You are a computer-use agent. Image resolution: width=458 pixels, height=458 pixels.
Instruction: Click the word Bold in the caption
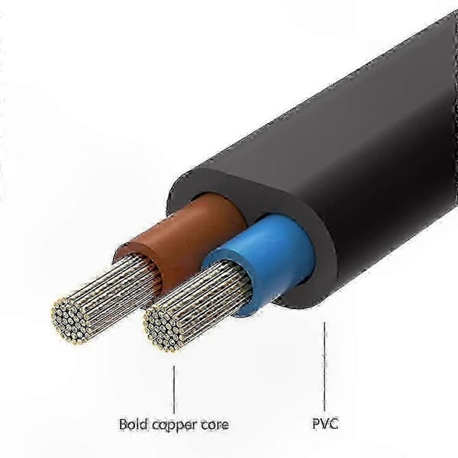pos(133,424)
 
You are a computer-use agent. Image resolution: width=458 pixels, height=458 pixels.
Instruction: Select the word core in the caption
pos(215,425)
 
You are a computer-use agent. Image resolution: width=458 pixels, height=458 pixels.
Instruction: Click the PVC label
pos(325,424)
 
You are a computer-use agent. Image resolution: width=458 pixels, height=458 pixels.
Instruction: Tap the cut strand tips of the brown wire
pos(69,320)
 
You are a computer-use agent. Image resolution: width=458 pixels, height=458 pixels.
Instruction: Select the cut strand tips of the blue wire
pos(163,329)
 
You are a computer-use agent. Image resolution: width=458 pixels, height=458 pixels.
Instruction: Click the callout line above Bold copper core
pos(174,389)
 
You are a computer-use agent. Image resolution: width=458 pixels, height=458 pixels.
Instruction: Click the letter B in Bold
pos(123,424)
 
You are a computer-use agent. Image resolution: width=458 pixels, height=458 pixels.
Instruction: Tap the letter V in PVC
pos(325,424)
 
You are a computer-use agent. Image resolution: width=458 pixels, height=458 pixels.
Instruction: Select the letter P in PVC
pos(316,424)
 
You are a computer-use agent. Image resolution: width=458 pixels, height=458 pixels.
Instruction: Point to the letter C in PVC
pos(334,424)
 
